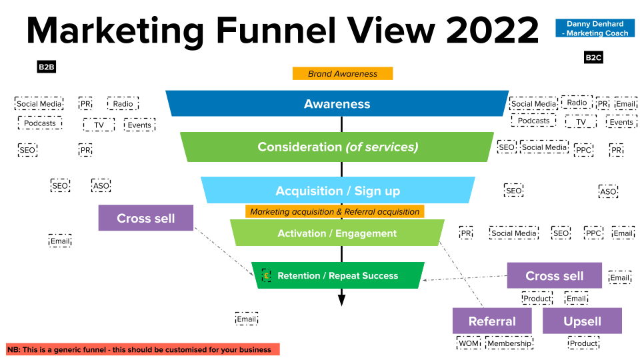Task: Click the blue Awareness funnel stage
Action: [x=337, y=103]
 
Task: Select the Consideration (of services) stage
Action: [x=337, y=147]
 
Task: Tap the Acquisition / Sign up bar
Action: [x=338, y=191]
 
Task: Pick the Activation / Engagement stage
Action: [x=337, y=233]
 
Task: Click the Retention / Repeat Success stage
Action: [x=337, y=275]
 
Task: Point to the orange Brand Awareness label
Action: [x=343, y=73]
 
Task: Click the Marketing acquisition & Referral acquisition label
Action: [x=335, y=211]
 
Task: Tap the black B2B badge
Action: [x=46, y=67]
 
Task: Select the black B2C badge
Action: [x=593, y=58]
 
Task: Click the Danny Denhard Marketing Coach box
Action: [x=595, y=28]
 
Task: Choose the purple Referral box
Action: [x=492, y=321]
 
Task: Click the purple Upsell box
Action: [x=582, y=321]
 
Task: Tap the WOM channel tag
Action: [x=469, y=343]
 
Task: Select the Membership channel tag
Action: [x=509, y=343]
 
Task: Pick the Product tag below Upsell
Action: [x=583, y=343]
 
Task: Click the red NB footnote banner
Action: [x=143, y=349]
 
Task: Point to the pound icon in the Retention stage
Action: [x=266, y=275]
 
